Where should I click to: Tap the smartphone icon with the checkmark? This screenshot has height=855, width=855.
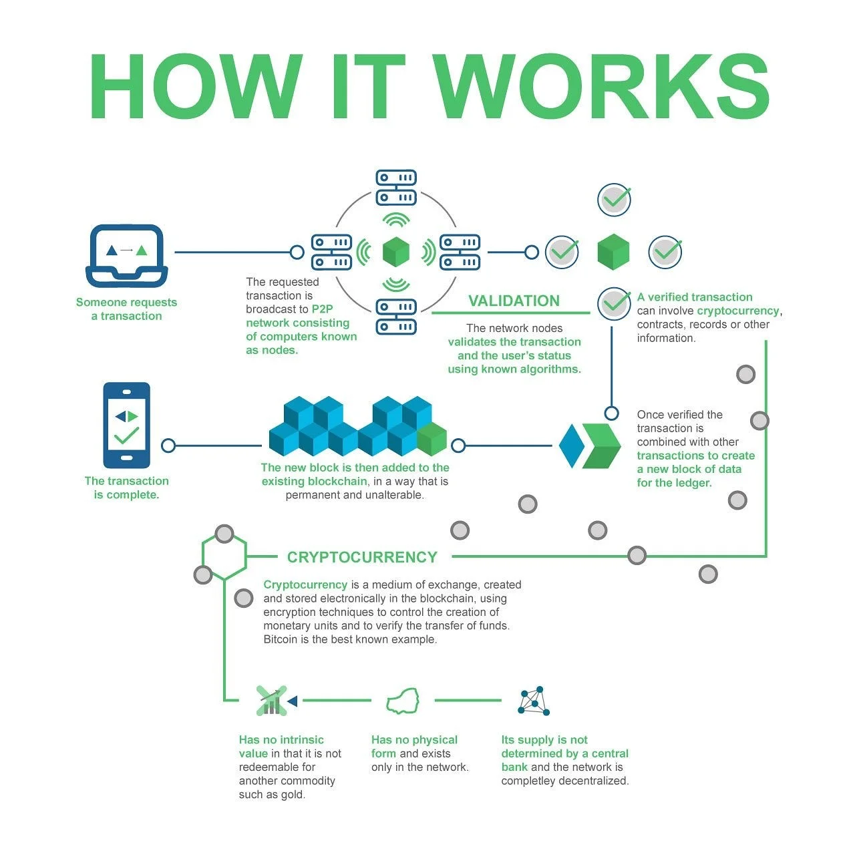127,425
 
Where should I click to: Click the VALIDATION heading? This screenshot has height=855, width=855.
514,301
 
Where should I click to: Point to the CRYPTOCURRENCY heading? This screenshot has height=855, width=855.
362,557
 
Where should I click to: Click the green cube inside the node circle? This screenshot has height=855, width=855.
395,252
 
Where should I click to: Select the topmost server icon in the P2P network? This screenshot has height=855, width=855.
396,188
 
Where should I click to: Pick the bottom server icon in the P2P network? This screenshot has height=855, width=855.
396,317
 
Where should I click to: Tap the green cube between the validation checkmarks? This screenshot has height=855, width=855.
613,252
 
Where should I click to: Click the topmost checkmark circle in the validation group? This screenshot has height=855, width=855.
614,199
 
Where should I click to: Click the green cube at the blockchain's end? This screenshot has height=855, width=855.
432,439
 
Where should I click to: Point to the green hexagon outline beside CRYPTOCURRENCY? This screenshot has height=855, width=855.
224,556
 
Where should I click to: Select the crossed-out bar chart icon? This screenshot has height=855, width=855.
272,701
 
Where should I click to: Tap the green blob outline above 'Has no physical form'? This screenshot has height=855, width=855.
403,701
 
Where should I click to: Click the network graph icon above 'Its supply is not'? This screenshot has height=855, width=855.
534,701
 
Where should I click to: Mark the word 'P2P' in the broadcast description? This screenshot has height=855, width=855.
322,309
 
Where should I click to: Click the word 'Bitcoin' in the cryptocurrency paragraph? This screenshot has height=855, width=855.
281,639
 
